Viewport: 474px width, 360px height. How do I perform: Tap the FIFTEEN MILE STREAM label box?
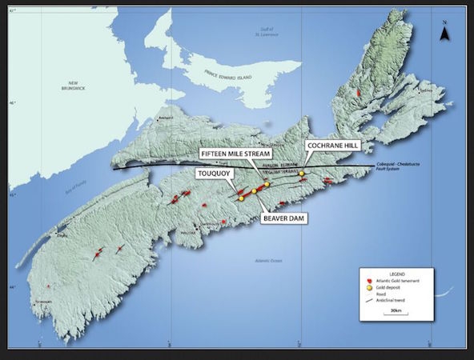click(236, 152)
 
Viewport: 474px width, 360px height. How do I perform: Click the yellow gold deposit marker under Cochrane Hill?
click(302, 173)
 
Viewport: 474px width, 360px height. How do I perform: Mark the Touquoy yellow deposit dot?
click(240, 198)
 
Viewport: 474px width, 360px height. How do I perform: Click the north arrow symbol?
click(445, 33)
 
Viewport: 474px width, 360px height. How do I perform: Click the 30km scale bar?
click(396, 313)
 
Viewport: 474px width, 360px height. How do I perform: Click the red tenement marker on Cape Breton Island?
click(360, 94)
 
